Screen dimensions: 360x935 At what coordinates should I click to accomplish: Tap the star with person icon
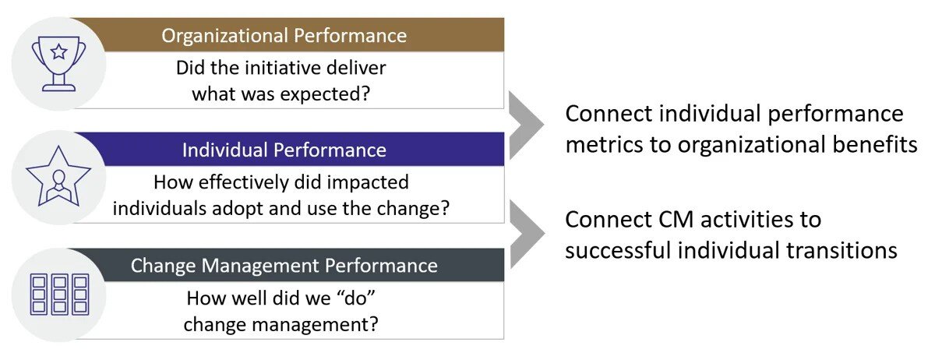click(x=58, y=177)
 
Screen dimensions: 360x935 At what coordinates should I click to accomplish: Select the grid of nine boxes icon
click(x=58, y=294)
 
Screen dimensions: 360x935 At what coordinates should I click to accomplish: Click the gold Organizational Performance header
click(x=284, y=35)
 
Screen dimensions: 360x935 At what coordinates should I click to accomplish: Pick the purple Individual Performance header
click(x=284, y=149)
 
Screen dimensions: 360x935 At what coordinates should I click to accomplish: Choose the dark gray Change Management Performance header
click(x=284, y=265)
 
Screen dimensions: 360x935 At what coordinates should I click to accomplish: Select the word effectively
click(x=242, y=183)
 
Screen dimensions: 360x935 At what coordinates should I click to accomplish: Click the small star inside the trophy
click(x=58, y=53)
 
